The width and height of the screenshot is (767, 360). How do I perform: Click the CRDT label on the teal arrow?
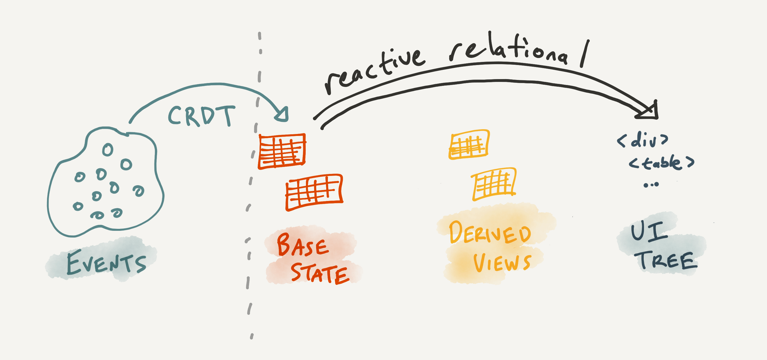click(202, 116)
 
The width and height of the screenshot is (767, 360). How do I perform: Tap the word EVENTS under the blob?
click(106, 263)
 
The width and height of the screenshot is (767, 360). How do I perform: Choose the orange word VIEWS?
click(502, 263)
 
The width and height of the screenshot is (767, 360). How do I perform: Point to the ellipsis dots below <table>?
click(651, 185)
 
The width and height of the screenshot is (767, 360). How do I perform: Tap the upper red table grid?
click(282, 151)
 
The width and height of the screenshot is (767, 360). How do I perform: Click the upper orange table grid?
click(469, 144)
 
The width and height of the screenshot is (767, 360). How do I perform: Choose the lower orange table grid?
click(494, 184)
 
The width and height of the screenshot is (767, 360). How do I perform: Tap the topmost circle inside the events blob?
click(108, 150)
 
